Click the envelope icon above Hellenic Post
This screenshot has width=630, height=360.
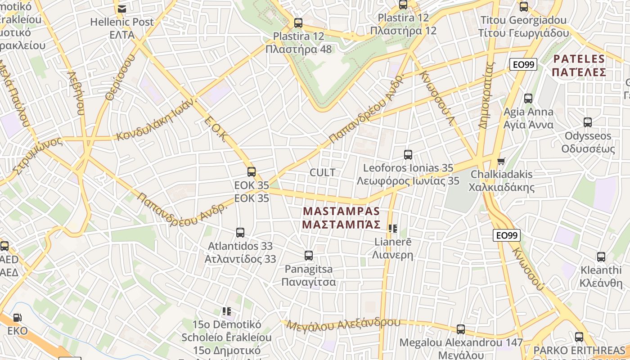coord(121,9)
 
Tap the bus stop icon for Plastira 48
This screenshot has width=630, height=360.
coord(298,23)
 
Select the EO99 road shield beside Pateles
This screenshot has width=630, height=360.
coord(523,64)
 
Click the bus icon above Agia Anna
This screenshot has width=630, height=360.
coord(528,98)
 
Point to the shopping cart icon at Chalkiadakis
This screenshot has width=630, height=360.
coord(501,161)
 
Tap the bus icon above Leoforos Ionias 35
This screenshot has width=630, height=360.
coord(408,155)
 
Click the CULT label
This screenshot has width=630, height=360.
coord(323,172)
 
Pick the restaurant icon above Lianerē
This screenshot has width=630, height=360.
coord(393,229)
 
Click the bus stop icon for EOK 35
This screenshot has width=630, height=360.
coord(252,171)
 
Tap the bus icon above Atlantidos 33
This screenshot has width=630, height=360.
coord(240,233)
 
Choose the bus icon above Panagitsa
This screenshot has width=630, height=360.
coord(309,256)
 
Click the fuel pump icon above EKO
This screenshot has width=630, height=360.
coord(17,318)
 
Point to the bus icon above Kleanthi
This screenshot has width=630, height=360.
coord(601,257)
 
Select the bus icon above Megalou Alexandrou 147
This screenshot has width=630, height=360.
coord(461,329)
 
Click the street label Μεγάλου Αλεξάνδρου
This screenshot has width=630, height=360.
coord(343,324)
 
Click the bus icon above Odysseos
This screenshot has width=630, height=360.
coord(587,122)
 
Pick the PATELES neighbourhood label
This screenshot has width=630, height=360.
coord(579,59)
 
